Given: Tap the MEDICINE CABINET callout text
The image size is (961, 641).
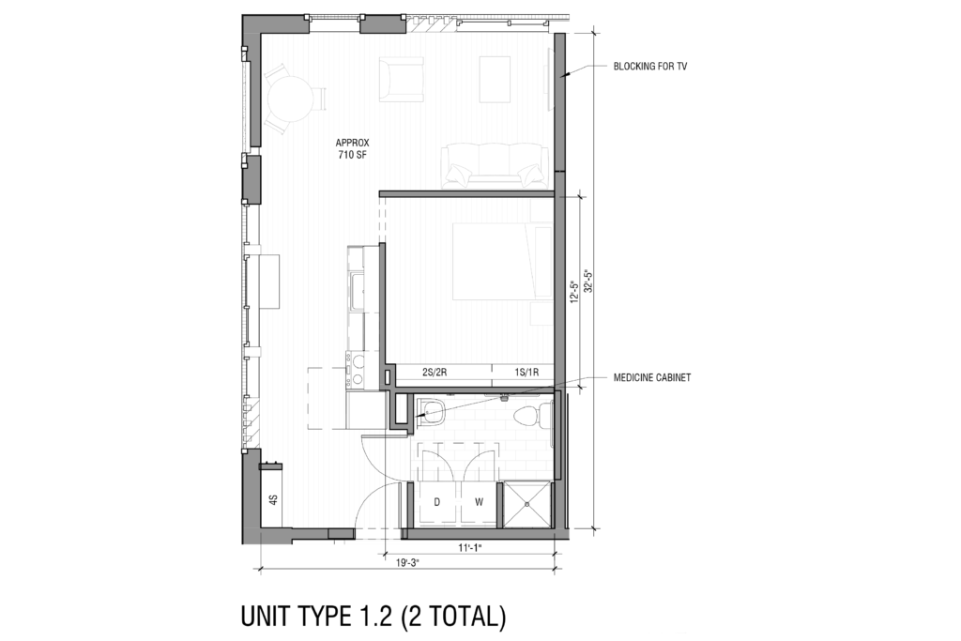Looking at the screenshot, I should point(652,377).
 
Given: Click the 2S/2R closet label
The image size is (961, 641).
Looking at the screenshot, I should point(435,373).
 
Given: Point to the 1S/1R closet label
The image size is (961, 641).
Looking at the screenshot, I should point(526,373).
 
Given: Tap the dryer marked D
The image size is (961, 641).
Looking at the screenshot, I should point(436,502).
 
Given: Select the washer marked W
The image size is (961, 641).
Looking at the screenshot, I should point(479,502).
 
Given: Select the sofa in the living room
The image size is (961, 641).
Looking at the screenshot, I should point(493,164).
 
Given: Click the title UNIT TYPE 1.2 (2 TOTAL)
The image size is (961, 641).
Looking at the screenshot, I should point(374,617).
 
